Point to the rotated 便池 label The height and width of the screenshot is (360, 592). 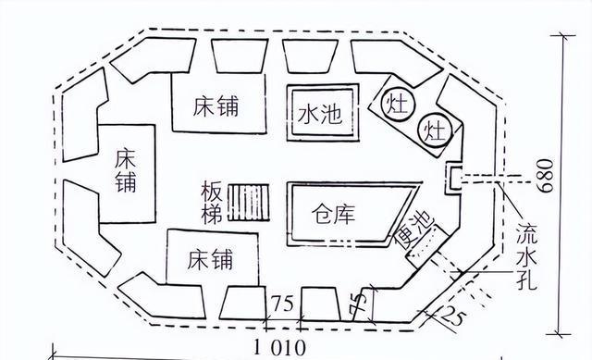(408, 227)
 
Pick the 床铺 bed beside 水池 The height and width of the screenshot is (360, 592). (216, 106)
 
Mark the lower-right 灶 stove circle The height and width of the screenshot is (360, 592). (434, 130)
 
